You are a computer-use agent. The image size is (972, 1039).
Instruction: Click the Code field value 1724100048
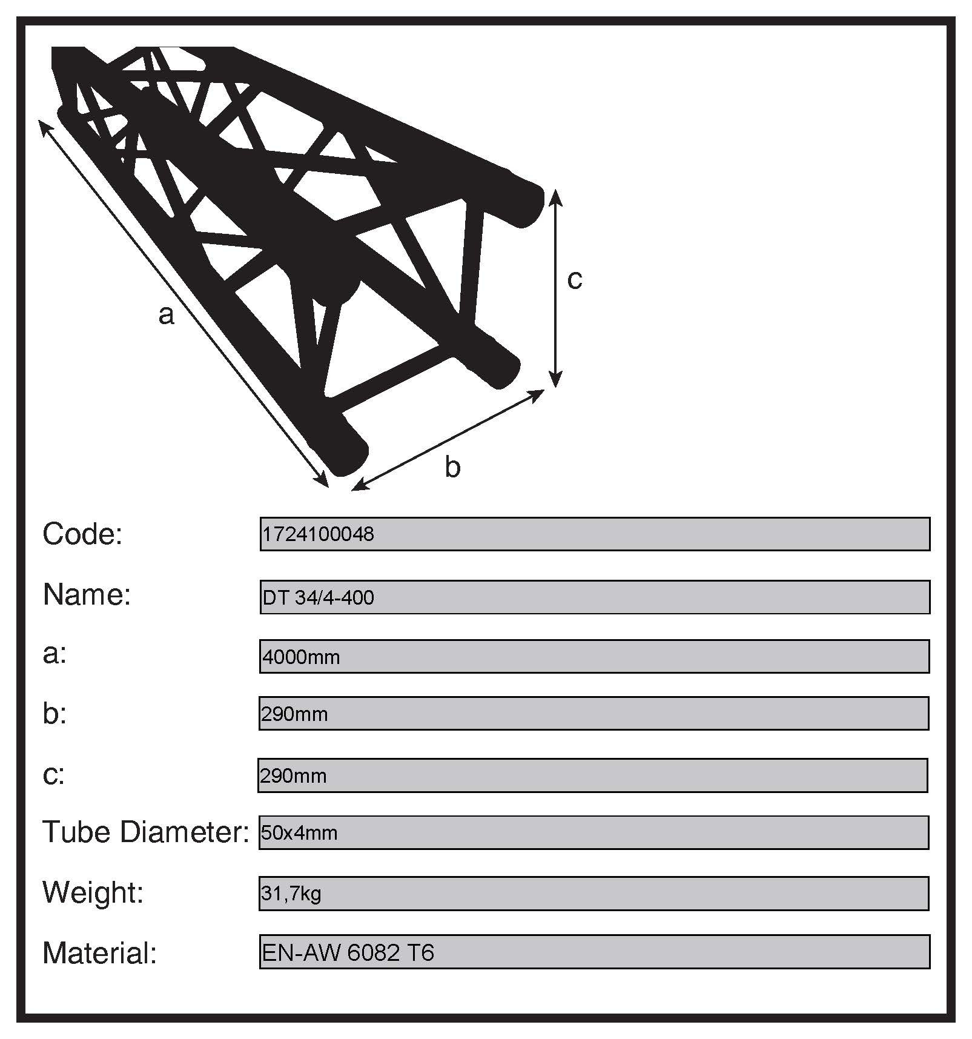(x=319, y=534)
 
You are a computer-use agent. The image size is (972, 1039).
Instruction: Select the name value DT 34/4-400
(x=319, y=598)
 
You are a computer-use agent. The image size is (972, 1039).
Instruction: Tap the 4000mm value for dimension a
(x=301, y=657)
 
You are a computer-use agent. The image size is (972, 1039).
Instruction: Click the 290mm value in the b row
(x=294, y=714)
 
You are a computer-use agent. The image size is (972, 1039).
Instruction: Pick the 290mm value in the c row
(x=293, y=776)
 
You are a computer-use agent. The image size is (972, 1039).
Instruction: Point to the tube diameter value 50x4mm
(x=299, y=833)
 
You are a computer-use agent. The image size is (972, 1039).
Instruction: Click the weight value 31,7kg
(x=291, y=894)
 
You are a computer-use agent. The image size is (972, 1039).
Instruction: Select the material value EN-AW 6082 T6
(x=348, y=953)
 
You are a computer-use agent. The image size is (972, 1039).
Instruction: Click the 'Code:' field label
(x=82, y=534)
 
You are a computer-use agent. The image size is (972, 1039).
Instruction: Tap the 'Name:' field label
(x=87, y=595)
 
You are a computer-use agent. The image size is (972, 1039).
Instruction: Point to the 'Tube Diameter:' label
(x=145, y=832)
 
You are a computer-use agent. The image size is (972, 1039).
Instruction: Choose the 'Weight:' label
(x=93, y=892)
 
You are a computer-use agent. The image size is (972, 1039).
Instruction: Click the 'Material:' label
(x=100, y=953)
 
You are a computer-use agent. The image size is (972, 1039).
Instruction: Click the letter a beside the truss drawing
(x=167, y=315)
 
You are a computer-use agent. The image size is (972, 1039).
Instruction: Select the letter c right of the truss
(x=575, y=279)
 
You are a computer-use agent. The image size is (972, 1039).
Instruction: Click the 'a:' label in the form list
(x=55, y=654)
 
